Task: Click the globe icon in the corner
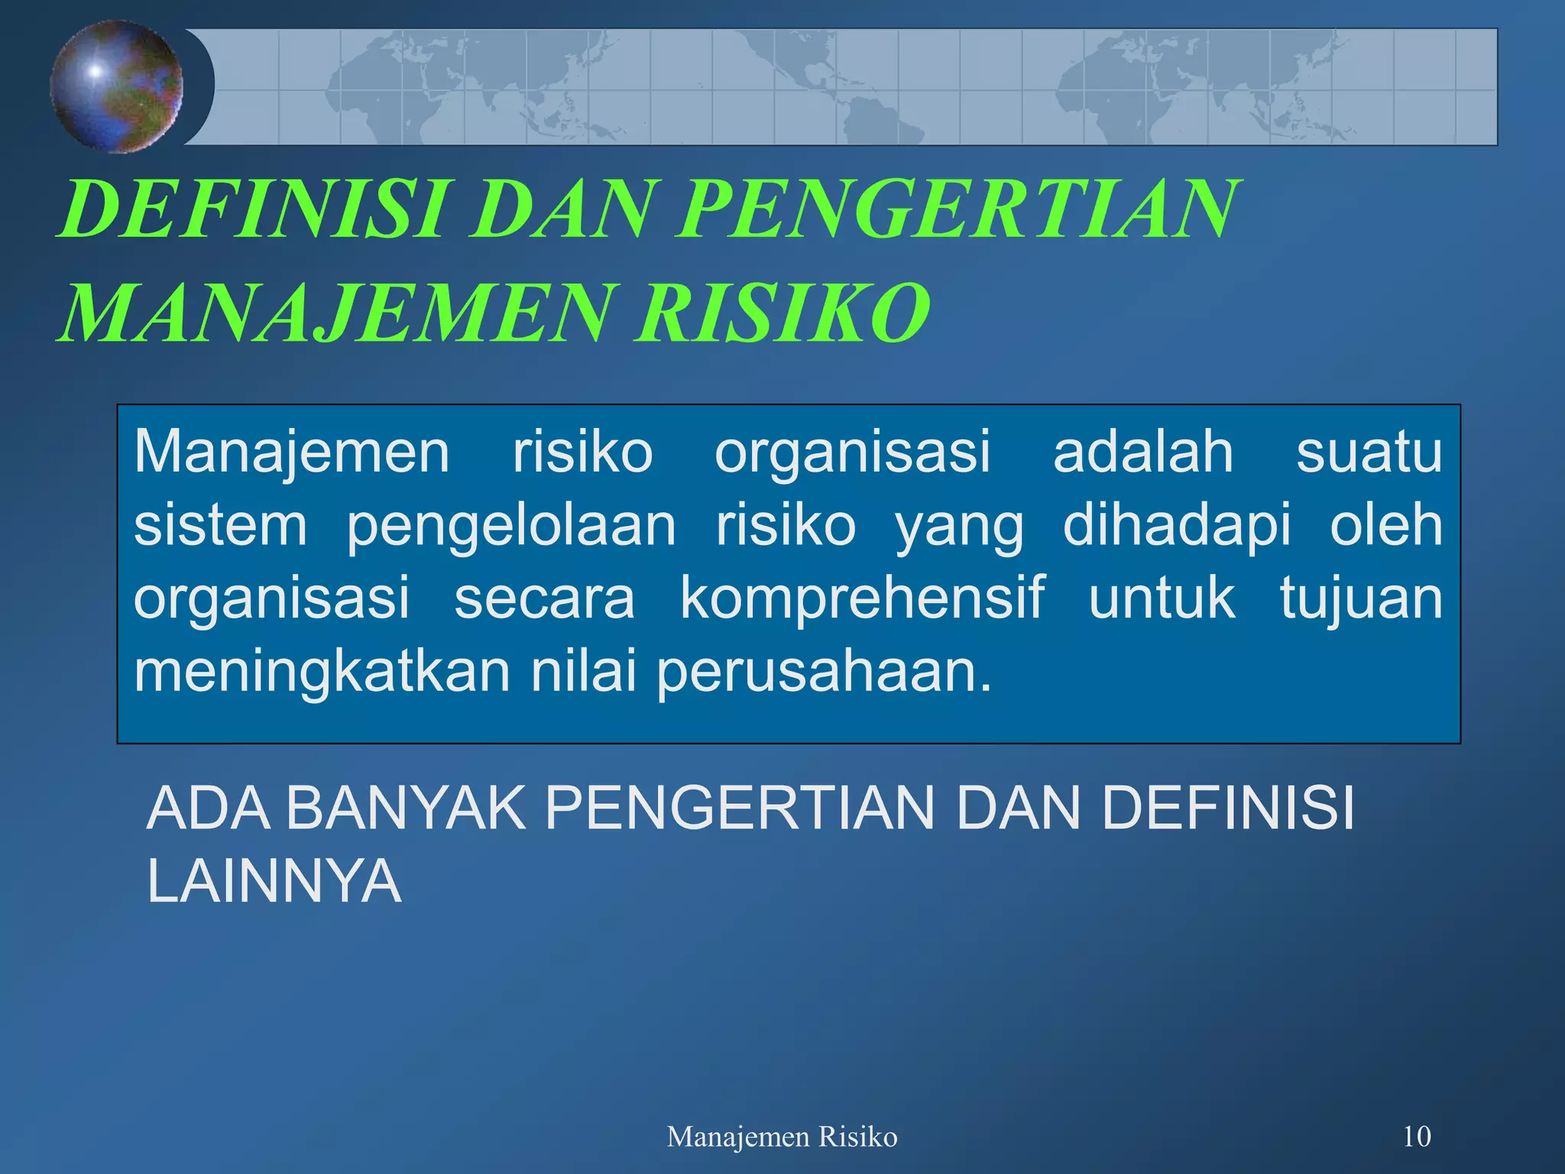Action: point(117,86)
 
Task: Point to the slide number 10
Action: point(1416,1137)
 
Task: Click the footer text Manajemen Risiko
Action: point(782,1137)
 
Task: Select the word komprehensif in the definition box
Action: point(862,598)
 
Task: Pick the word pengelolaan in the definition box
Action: point(511,526)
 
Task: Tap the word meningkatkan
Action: point(322,670)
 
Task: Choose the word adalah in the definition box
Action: point(1143,452)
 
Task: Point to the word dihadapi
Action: point(1177,526)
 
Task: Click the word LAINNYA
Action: point(274,880)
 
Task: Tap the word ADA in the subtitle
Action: point(208,808)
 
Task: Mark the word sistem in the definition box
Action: point(221,526)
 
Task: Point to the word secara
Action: point(544,598)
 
